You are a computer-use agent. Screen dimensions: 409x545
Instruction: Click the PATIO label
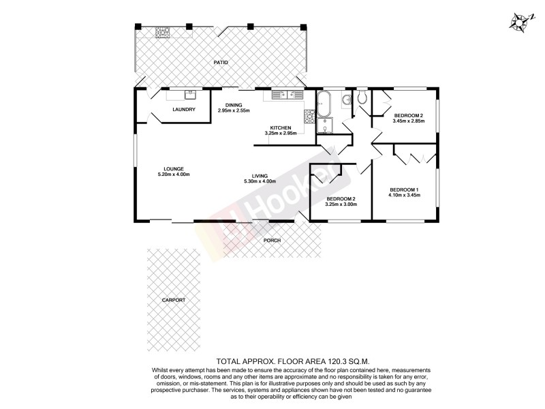220,62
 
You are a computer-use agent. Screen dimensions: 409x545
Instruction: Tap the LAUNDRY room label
184,110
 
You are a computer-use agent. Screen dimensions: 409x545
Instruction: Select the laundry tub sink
191,95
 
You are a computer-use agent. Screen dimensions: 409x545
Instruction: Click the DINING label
234,105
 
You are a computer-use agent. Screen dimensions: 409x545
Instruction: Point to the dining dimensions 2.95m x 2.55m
234,110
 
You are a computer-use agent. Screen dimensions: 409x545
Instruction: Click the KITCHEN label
281,128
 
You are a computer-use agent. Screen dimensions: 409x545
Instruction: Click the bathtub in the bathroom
324,104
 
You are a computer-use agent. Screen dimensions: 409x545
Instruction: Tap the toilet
362,100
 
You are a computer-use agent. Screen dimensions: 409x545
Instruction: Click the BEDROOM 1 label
404,190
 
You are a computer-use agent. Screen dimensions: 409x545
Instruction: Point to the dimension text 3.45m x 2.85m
409,121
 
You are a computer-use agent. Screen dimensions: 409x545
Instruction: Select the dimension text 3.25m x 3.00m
341,204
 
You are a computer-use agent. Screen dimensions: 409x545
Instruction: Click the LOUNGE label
173,169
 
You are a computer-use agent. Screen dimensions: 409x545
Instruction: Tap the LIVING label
259,176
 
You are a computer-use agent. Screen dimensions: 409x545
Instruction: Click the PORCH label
272,240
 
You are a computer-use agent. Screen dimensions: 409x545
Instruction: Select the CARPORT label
174,300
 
